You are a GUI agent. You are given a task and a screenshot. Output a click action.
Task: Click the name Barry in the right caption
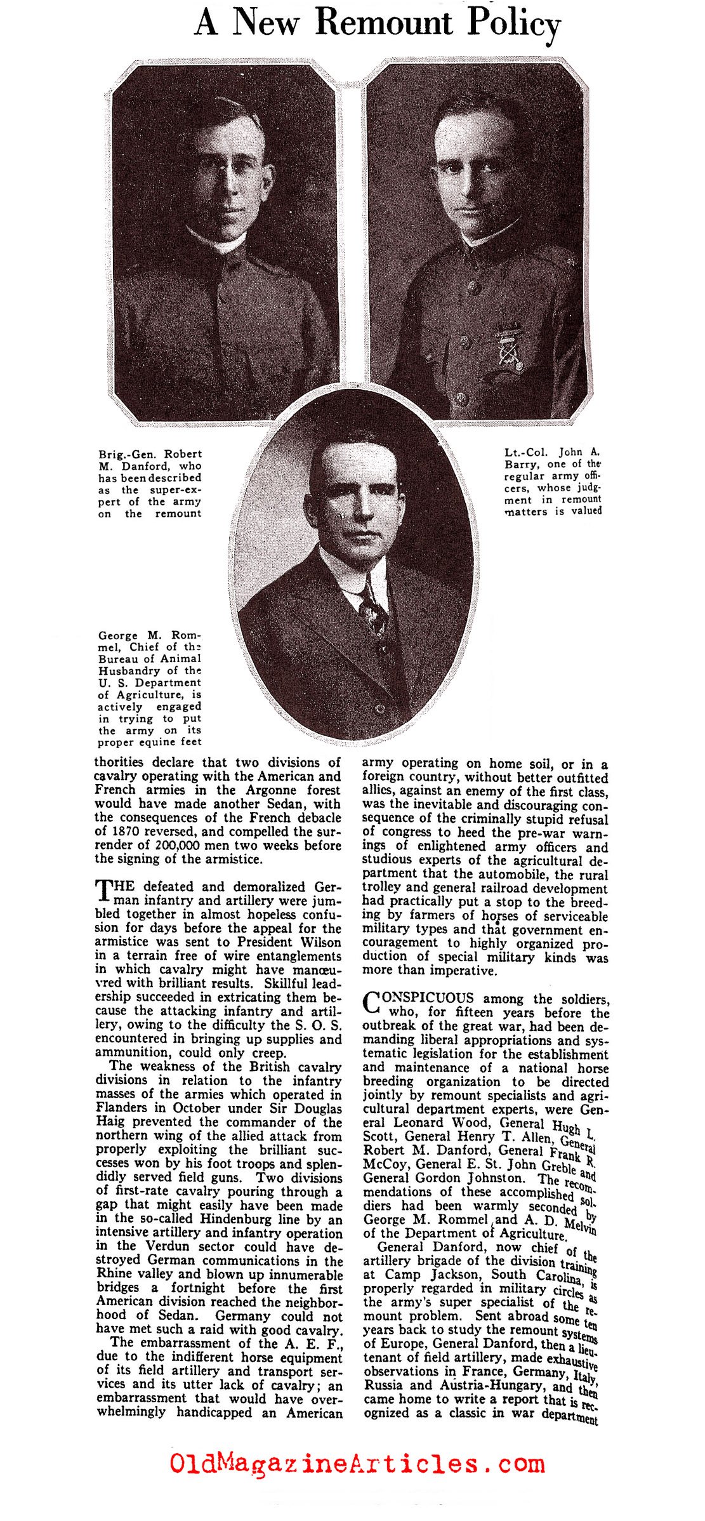(520, 464)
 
